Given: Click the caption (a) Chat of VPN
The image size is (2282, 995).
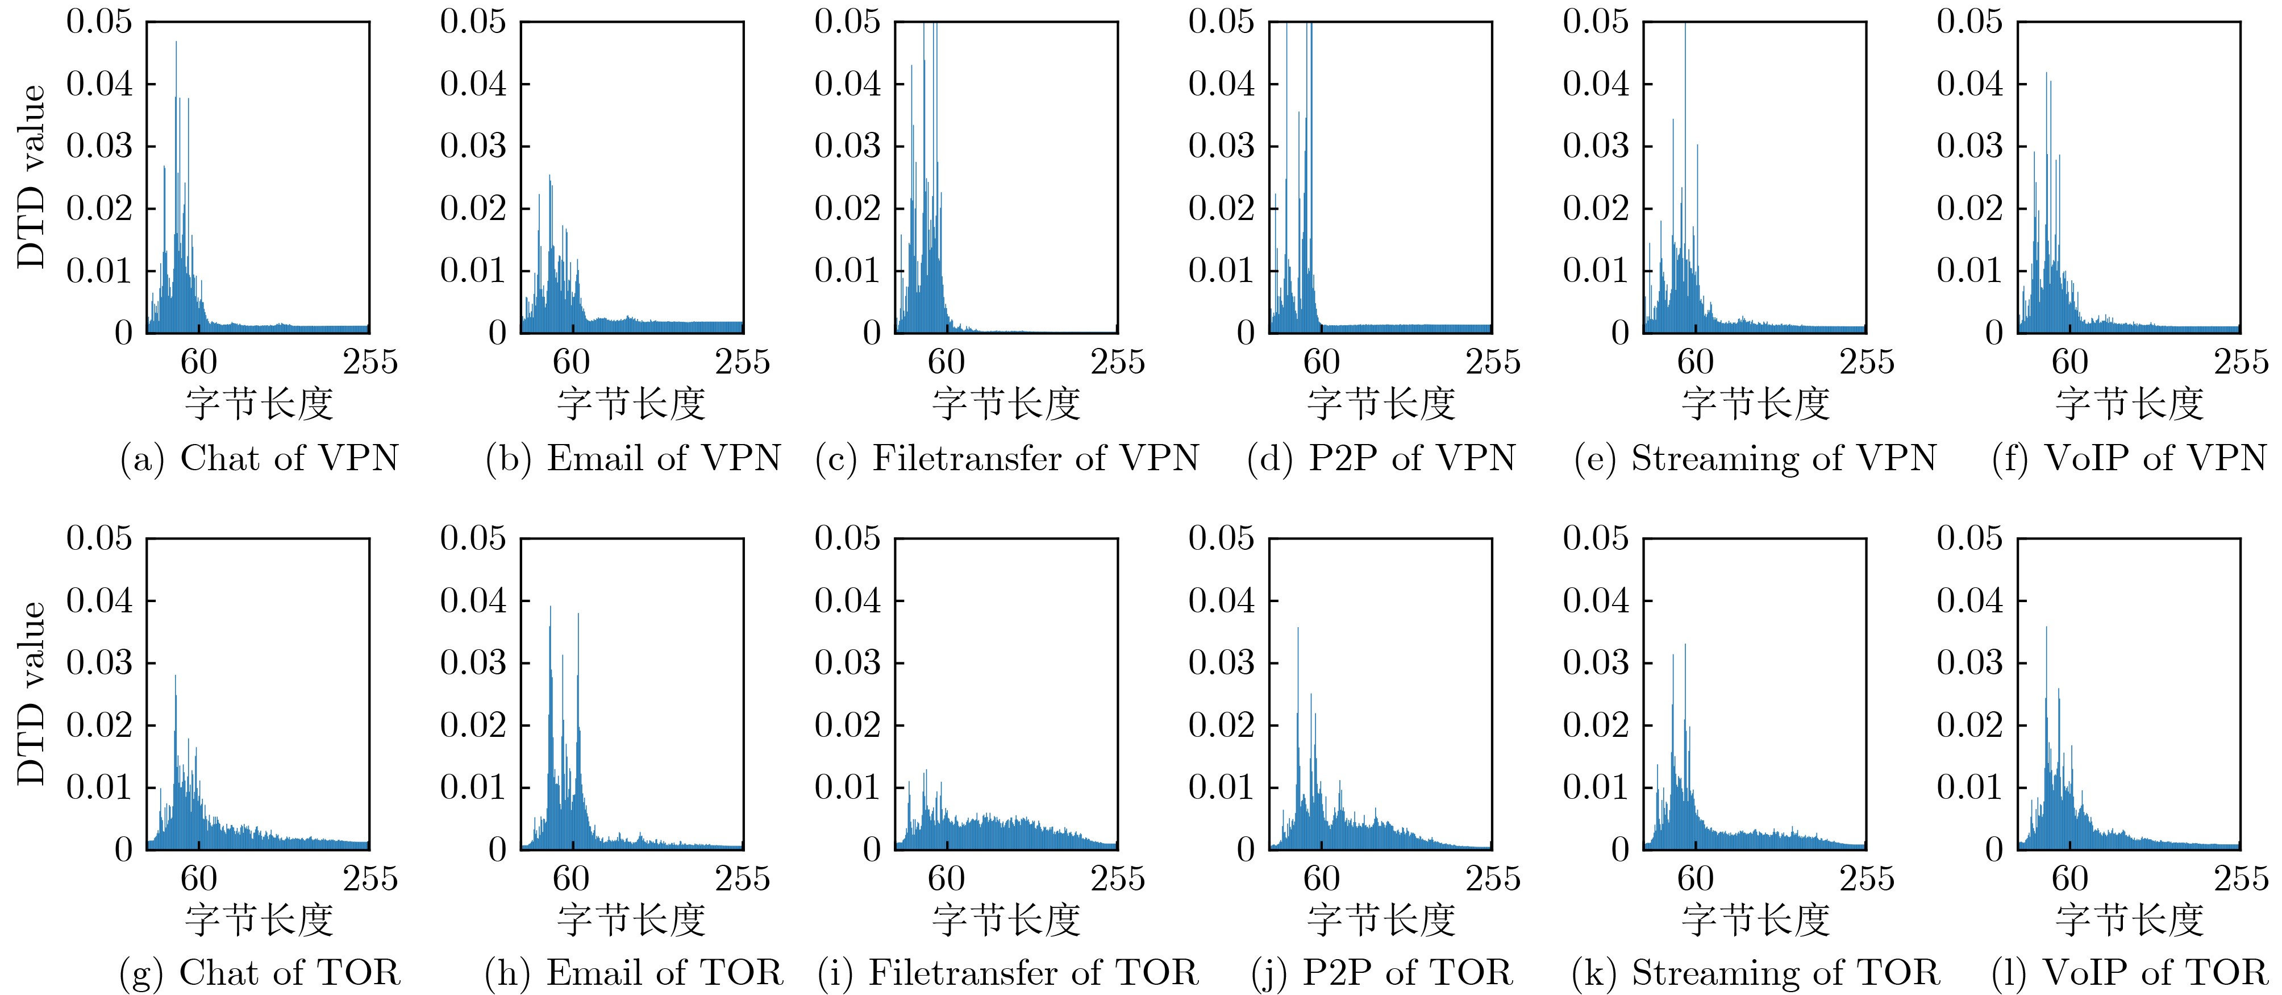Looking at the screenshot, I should pyautogui.click(x=260, y=459).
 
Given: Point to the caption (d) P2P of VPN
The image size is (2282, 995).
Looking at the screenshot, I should pyautogui.click(x=1381, y=459).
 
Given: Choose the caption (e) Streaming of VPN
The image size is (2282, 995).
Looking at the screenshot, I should pyautogui.click(x=1755, y=459).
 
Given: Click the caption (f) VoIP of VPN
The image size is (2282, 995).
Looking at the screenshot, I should pyautogui.click(x=2129, y=459).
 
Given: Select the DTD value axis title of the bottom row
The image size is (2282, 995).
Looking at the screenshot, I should pyautogui.click(x=31, y=693).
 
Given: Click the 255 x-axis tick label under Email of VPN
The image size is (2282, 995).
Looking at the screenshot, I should pyautogui.click(x=742, y=362).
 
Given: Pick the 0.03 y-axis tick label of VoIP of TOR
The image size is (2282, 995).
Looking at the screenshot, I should pyautogui.click(x=1969, y=663).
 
